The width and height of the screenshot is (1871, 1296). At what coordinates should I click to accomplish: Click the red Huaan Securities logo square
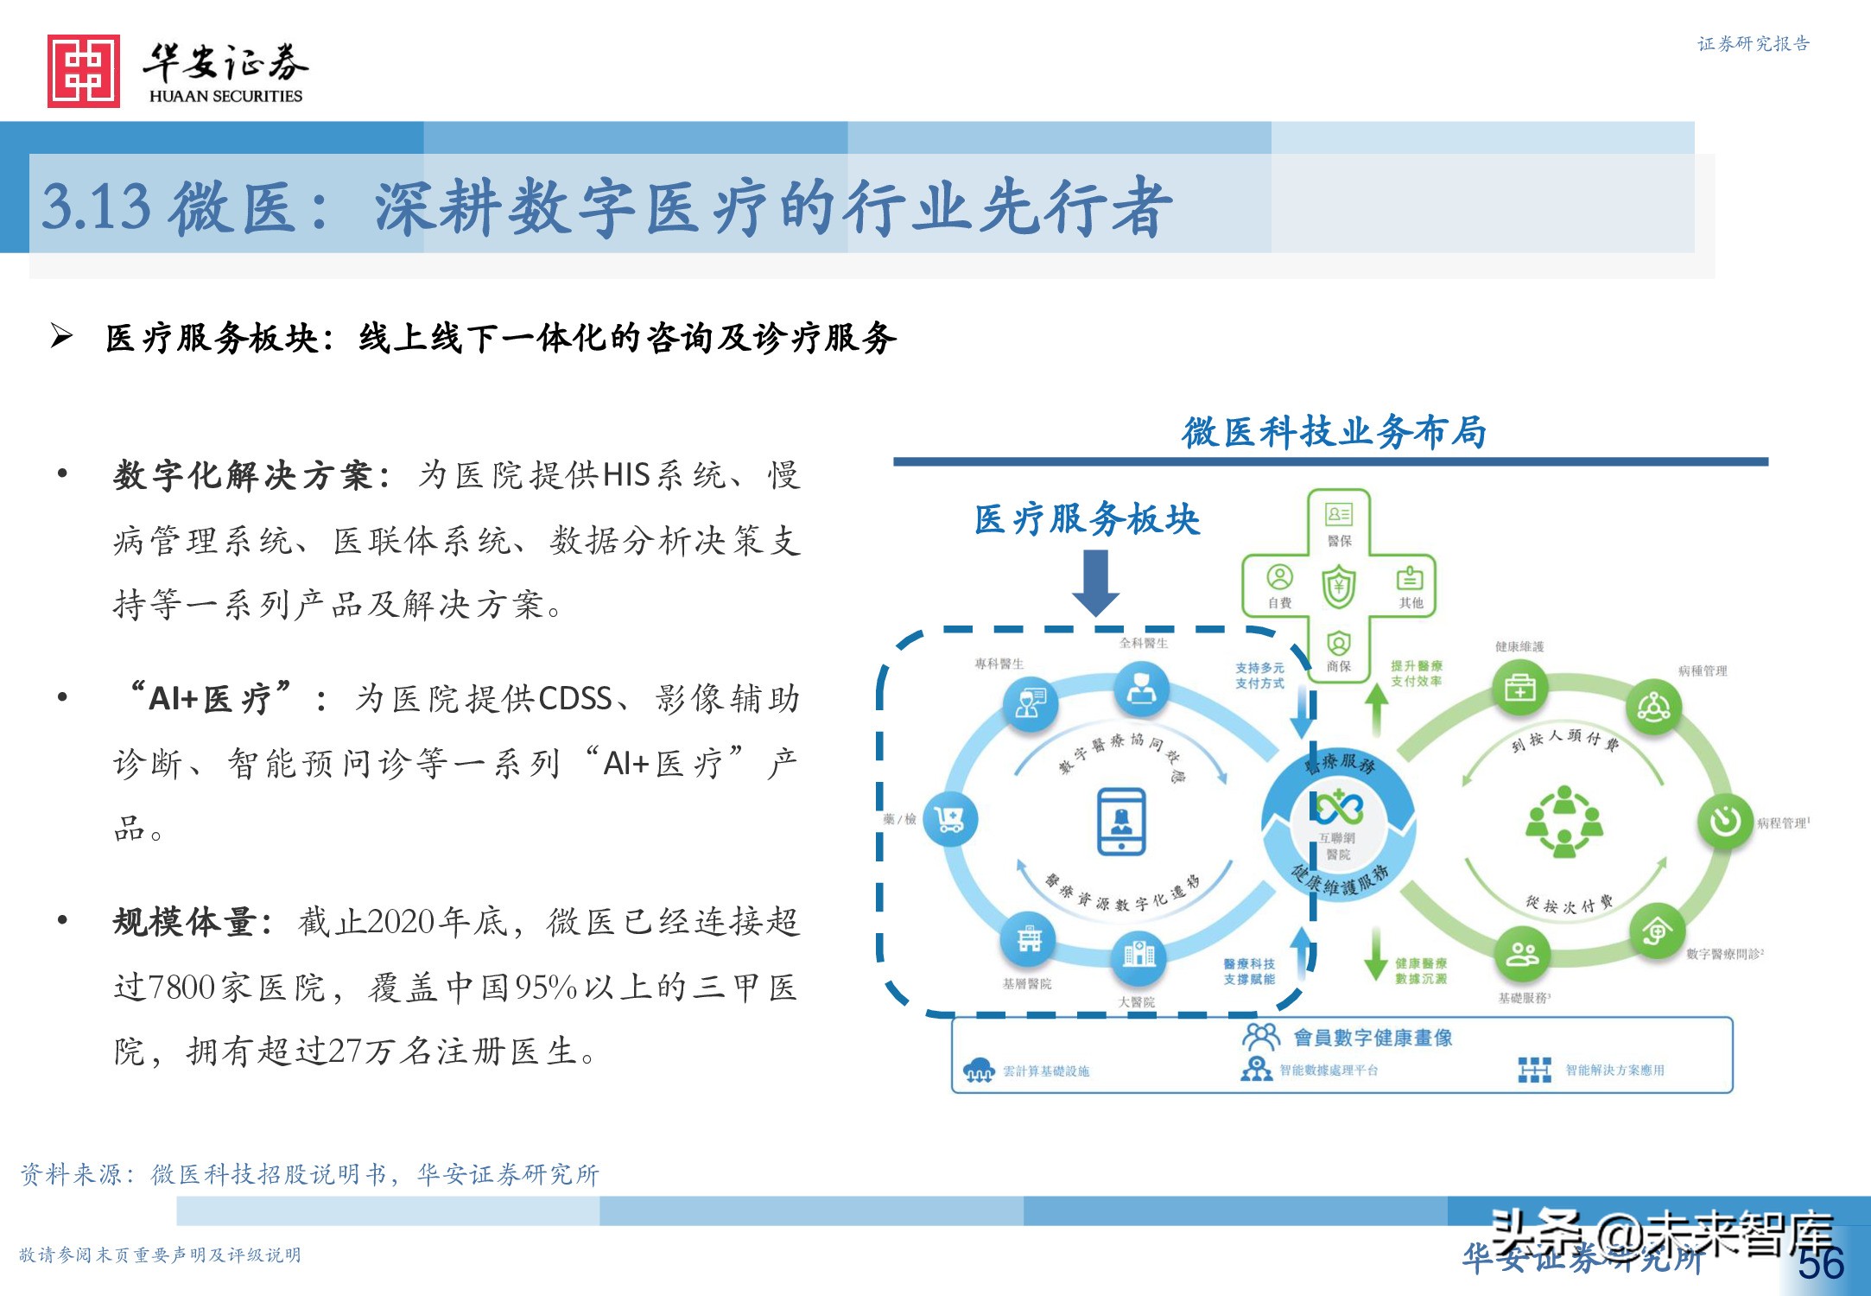pos(84,71)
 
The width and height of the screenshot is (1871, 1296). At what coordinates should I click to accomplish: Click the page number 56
pos(1821,1264)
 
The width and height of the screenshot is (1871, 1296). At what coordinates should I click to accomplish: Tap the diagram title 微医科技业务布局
pos(1334,432)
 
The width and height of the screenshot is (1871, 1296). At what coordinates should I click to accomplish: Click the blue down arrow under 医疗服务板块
pos(1095,583)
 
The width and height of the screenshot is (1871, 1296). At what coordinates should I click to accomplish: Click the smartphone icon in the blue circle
pos(1121,821)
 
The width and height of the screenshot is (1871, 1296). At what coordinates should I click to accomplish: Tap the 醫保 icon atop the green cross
pos(1339,516)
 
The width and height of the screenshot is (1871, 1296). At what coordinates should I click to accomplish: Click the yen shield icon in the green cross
pos(1339,587)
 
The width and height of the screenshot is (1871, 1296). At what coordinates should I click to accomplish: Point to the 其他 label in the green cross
pos(1411,603)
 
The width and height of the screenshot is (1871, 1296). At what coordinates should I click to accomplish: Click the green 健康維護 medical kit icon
pos(1519,688)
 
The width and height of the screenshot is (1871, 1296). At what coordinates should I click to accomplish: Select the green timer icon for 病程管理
pos(1724,821)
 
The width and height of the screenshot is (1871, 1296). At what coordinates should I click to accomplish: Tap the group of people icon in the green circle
pos(1563,821)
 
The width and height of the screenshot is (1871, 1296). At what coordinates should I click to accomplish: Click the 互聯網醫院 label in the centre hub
pos(1337,846)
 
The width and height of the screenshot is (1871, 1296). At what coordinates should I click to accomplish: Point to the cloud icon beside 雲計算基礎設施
pos(979,1070)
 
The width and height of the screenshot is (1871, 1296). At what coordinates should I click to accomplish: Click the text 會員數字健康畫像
pos(1373,1037)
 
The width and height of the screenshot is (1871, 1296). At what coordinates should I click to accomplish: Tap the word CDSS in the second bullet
pos(575,698)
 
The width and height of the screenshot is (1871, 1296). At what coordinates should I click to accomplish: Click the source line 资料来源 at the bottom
pos(309,1174)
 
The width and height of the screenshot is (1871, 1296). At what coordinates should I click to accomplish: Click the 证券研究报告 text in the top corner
pos(1753,44)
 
